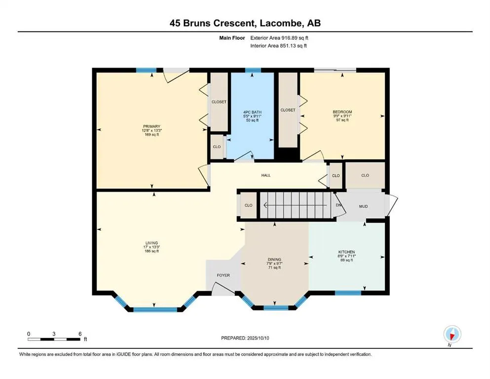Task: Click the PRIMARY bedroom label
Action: tap(151, 126)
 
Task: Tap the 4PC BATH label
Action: tap(252, 112)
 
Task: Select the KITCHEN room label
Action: tap(346, 252)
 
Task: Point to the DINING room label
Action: tap(274, 260)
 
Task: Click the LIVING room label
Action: tap(151, 243)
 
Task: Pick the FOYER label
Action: tap(223, 275)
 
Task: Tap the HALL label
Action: tap(266, 175)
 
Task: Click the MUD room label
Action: tap(364, 206)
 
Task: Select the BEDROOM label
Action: tap(342, 112)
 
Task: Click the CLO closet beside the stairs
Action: tap(248, 205)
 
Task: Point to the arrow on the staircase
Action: tap(295, 205)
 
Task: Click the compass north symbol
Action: tap(452, 334)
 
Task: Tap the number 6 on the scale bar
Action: tap(80, 334)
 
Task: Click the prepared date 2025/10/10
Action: tap(258, 338)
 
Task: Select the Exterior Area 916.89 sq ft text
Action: tap(279, 38)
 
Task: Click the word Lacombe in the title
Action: tap(281, 23)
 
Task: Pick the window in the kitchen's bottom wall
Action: tap(348, 293)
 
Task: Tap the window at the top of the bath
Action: tap(253, 70)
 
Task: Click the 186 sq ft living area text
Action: tap(151, 251)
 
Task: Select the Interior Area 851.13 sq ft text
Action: tap(278, 45)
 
